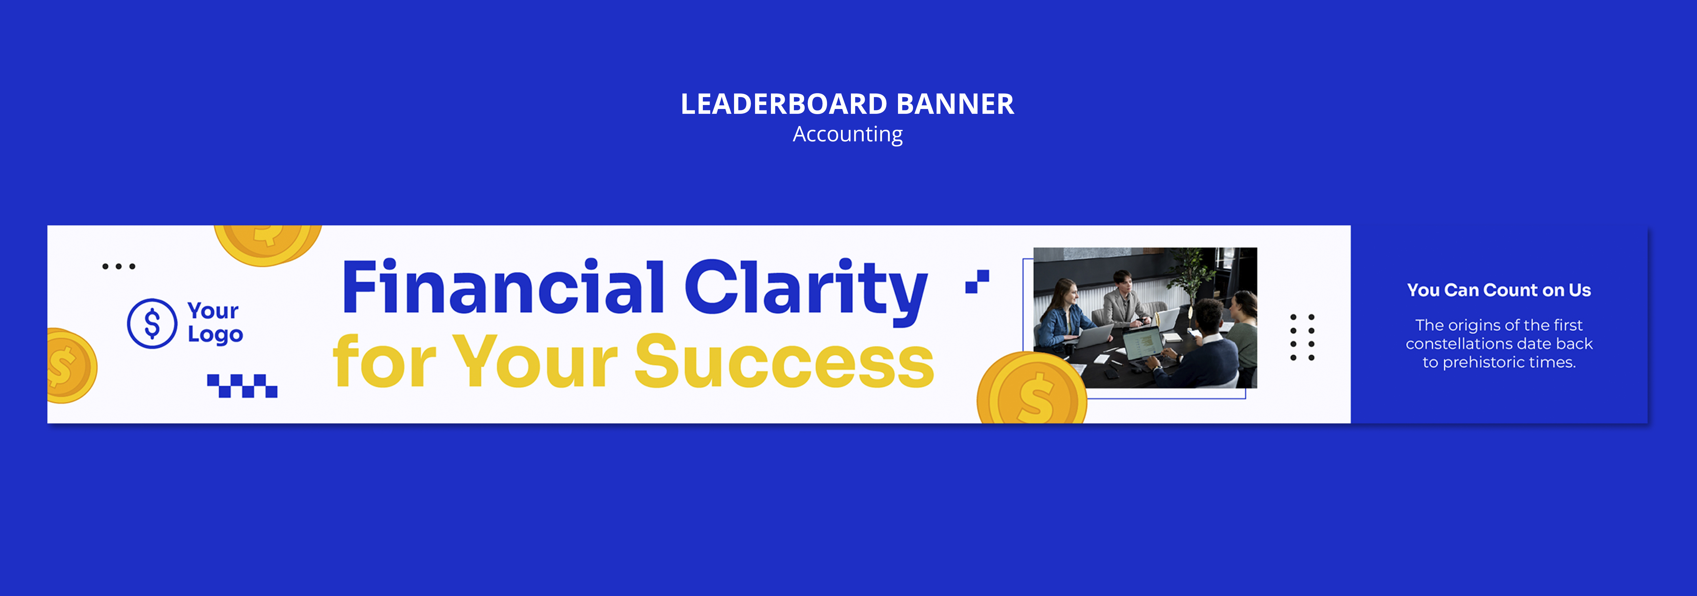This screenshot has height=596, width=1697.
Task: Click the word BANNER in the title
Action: click(955, 104)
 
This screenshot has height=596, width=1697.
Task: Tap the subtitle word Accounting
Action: click(848, 135)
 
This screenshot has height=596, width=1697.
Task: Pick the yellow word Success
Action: click(784, 361)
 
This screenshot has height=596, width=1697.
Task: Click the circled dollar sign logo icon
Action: click(152, 323)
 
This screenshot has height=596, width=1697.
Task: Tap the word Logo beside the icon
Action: click(215, 334)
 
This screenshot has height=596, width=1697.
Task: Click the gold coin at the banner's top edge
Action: click(267, 244)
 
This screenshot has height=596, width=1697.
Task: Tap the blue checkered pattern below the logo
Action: click(243, 386)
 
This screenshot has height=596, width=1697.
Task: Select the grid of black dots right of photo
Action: click(1302, 337)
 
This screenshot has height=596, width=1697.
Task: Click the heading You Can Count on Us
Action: click(1499, 290)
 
